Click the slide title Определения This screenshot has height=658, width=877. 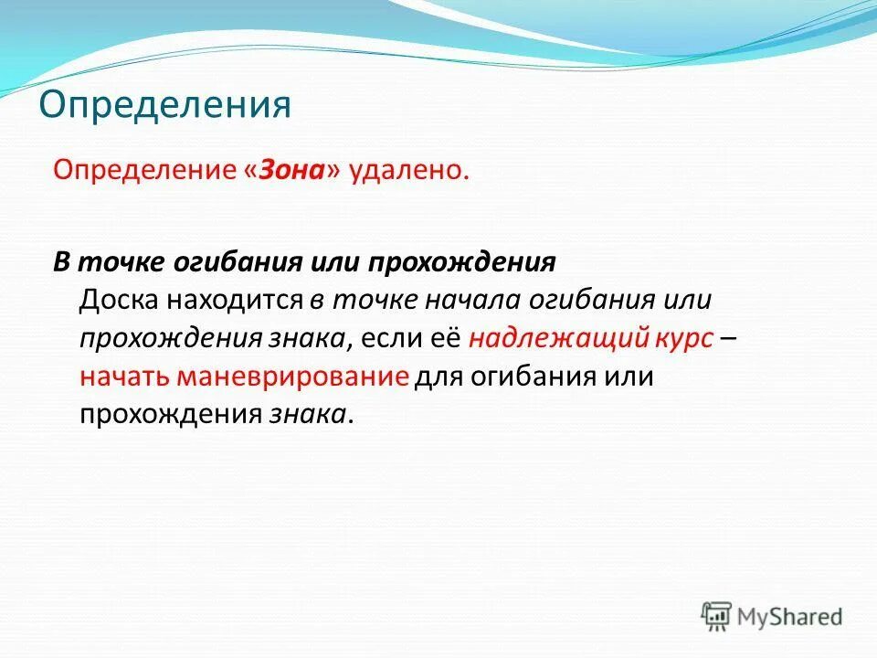pos(164,105)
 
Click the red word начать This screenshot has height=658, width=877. pos(123,377)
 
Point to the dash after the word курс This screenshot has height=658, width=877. pos(729,338)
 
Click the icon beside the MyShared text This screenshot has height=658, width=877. pos(716,616)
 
